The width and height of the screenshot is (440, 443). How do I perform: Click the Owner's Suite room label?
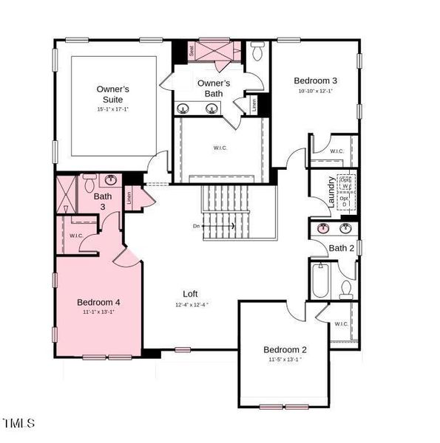click(x=113, y=94)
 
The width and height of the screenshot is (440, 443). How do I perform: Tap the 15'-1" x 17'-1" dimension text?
click(x=113, y=109)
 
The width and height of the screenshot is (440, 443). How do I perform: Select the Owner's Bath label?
click(x=212, y=88)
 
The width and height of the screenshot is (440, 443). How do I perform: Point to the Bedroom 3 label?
click(x=315, y=80)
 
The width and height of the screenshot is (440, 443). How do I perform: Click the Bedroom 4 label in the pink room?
click(x=98, y=302)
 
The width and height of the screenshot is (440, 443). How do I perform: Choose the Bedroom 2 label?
click(x=285, y=349)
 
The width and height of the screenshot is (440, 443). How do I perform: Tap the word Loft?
click(x=191, y=293)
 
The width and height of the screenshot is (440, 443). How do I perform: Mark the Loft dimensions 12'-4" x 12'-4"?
click(x=192, y=304)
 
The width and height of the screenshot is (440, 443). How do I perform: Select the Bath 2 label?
click(x=342, y=248)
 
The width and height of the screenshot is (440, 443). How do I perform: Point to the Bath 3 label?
click(x=103, y=202)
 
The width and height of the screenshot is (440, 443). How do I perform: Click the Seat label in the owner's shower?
click(x=192, y=52)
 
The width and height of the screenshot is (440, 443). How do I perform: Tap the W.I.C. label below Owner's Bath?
click(x=220, y=148)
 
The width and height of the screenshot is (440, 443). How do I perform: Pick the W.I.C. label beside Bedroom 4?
click(x=76, y=236)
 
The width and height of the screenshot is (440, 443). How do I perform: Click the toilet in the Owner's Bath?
click(x=257, y=52)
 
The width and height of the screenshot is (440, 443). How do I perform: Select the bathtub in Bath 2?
click(x=319, y=281)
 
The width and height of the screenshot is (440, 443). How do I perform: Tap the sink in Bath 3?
click(x=111, y=180)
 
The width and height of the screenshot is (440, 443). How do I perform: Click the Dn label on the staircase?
click(x=197, y=226)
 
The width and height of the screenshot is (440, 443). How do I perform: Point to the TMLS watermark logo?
click(x=18, y=423)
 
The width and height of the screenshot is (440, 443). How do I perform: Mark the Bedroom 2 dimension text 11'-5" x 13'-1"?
click(x=285, y=360)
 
